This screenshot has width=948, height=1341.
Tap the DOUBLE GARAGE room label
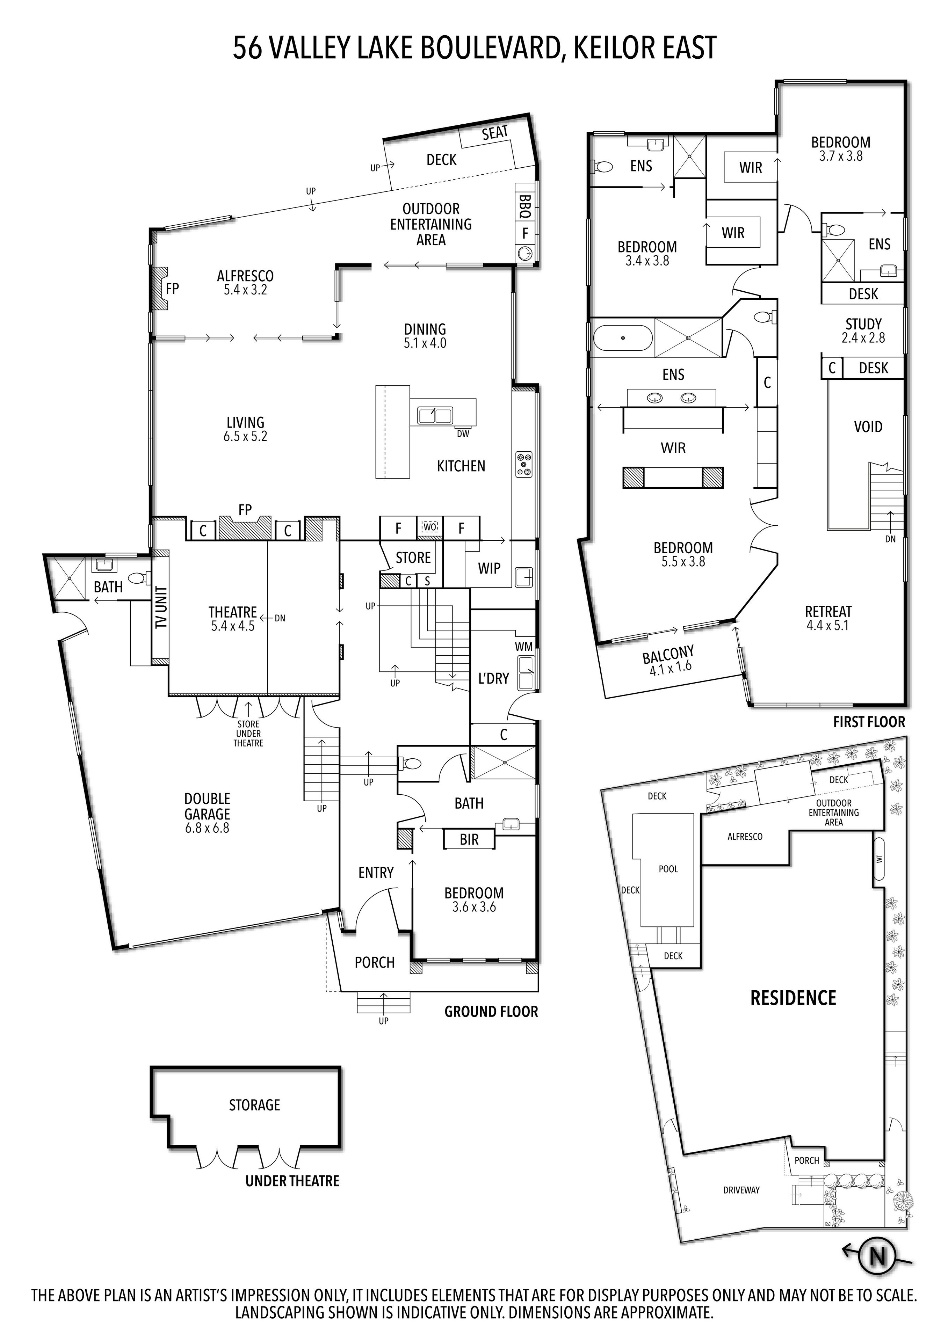pos(207,813)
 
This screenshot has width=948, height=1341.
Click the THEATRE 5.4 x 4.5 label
pos(232,619)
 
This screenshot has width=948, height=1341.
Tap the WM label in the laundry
pos(523,647)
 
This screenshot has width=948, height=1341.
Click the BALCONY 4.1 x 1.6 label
pos(669,661)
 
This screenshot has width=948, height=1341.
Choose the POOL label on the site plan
pos(668,869)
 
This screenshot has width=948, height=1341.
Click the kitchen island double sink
pos(435,416)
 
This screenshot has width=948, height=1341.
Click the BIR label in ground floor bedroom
pos(469,839)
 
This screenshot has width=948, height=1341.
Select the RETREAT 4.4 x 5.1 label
pos(828,618)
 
